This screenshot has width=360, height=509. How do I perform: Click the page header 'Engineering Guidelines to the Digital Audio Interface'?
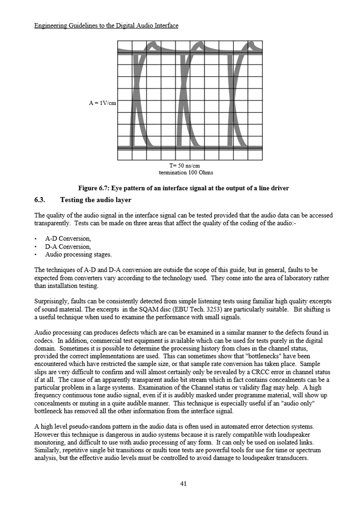[106, 25]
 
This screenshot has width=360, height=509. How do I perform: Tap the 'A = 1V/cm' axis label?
[103, 103]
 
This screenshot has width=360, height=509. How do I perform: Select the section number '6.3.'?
[42, 200]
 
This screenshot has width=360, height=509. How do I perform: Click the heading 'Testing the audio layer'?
[96, 200]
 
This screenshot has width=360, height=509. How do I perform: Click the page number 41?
[183, 484]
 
